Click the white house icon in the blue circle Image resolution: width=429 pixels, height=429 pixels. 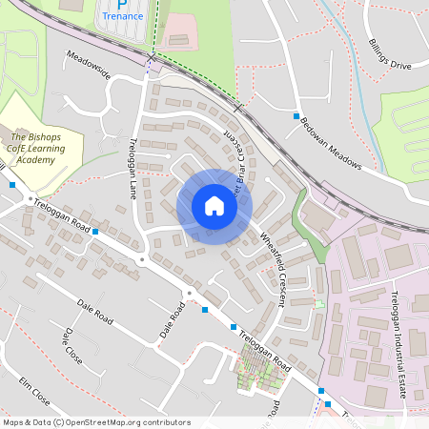[x=214, y=206]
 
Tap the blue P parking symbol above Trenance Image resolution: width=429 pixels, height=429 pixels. [x=123, y=4]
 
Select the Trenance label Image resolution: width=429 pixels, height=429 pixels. [x=123, y=16]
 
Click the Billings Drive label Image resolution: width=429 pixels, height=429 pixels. [x=388, y=58]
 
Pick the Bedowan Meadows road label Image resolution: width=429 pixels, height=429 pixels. [x=331, y=143]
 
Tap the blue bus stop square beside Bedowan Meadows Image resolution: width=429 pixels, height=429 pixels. [x=296, y=115]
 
